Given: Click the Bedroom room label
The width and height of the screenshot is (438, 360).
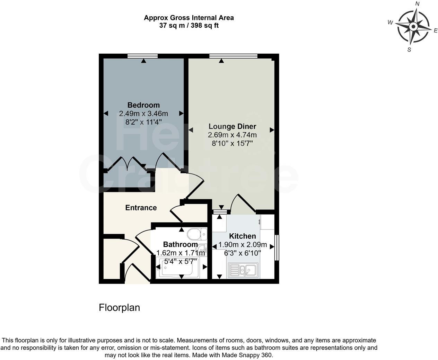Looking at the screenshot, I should (143, 105).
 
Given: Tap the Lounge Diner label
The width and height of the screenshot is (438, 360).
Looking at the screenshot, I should (232, 126).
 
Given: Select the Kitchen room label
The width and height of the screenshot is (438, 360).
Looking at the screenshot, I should (243, 236).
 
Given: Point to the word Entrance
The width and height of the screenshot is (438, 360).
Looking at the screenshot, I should (141, 208).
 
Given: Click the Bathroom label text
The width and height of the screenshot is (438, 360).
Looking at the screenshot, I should (180, 244).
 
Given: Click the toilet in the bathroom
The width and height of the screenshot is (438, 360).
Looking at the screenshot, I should (196, 234).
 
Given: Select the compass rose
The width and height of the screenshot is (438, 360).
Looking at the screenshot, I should (413, 27).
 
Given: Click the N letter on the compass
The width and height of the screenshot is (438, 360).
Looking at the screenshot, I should (418, 4).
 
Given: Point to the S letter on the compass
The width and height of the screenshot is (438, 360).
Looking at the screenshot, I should (409, 49).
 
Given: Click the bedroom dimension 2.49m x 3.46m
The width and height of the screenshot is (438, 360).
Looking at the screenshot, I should (143, 114).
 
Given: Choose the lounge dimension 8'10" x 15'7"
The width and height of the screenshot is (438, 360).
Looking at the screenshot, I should (232, 143).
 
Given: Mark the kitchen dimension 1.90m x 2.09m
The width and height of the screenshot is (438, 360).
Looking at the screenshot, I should (243, 245).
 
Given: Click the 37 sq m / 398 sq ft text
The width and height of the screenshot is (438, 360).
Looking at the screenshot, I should (189, 25).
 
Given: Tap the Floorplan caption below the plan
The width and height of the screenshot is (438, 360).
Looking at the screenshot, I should (119, 308).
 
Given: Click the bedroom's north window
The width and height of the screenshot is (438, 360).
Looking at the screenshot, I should (142, 56).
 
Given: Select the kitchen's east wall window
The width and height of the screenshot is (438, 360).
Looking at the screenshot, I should (277, 248).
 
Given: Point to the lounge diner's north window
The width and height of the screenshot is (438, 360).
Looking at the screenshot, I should (233, 56).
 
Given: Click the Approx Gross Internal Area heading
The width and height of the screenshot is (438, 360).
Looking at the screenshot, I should (189, 18).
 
